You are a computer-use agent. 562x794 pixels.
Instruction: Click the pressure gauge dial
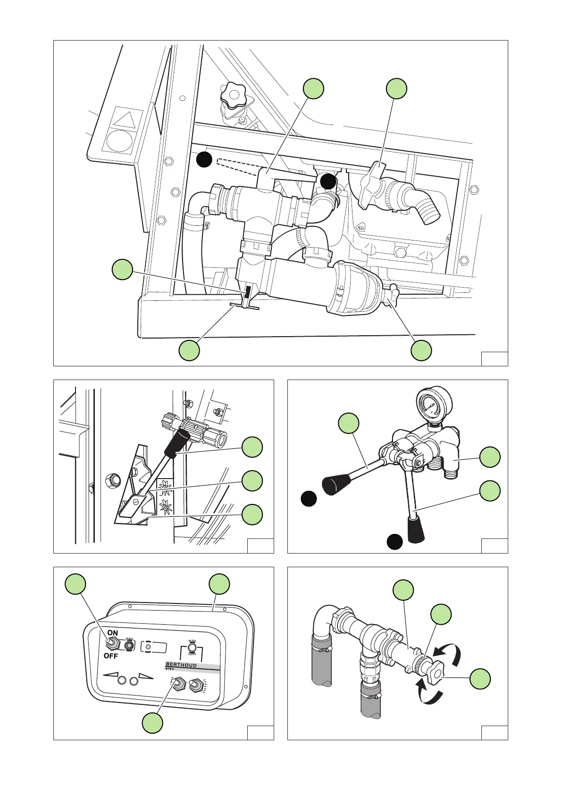point(434,405)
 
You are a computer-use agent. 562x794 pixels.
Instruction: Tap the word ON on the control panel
point(113,633)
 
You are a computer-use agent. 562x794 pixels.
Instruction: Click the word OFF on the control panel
point(111,656)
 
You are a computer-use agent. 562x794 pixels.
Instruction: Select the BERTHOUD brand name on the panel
point(181,665)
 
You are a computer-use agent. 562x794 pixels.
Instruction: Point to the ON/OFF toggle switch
point(112,643)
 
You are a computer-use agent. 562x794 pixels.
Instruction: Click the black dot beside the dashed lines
point(204,160)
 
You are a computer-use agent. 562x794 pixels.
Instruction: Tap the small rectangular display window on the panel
point(154,647)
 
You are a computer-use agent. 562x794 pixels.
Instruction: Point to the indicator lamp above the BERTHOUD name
point(192,648)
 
